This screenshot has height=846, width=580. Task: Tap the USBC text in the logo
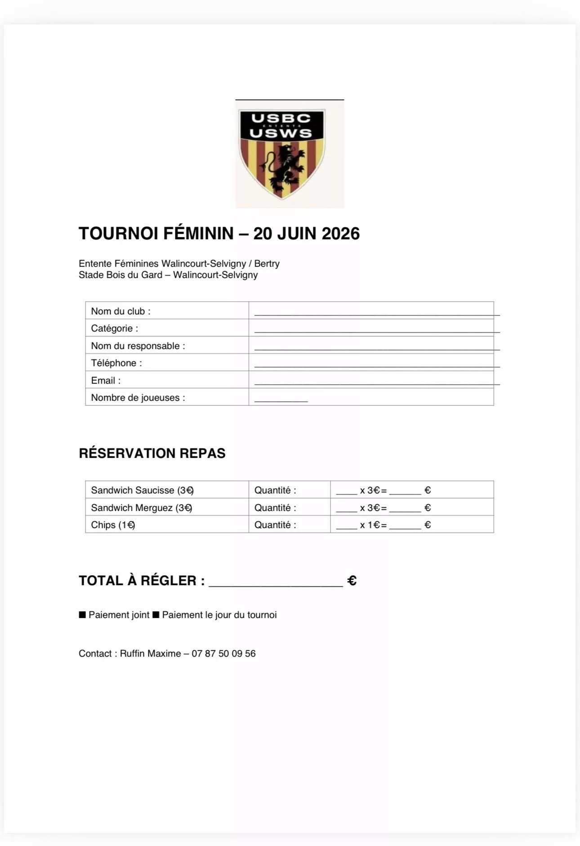(x=281, y=118)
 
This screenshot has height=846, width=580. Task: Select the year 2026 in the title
(x=341, y=234)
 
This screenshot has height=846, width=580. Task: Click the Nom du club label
(x=120, y=311)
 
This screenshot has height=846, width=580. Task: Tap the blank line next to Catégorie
(x=376, y=330)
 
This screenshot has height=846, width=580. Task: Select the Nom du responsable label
(x=138, y=346)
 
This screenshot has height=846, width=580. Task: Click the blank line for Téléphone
(x=376, y=365)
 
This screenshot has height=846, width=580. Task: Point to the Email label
(x=106, y=380)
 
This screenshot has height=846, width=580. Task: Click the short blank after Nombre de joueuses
(x=281, y=399)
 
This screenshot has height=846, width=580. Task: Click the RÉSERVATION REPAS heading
(x=152, y=453)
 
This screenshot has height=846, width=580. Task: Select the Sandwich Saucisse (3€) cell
(x=142, y=490)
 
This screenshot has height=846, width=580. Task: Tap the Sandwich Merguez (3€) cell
(x=142, y=508)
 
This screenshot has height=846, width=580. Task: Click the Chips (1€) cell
(x=113, y=525)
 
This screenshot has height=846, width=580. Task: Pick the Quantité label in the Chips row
(x=275, y=525)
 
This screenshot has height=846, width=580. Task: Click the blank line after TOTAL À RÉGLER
(x=276, y=583)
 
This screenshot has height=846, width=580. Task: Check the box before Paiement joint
(x=82, y=615)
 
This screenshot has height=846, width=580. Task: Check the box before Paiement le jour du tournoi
(x=156, y=615)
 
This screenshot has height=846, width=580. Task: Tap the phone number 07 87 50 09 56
(x=223, y=654)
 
